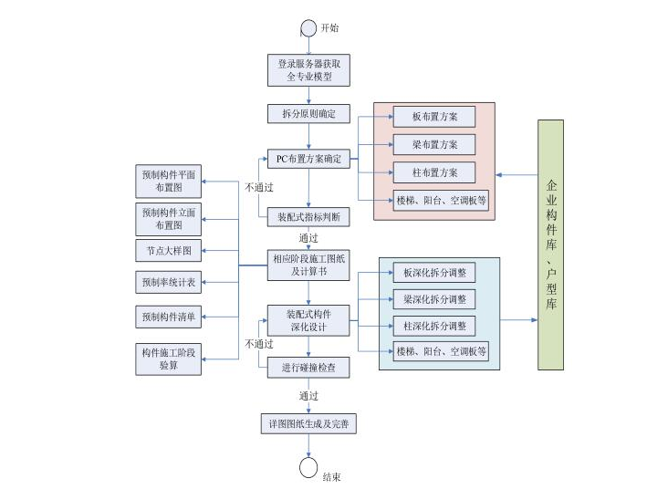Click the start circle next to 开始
[308, 28]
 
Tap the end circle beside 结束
[308, 467]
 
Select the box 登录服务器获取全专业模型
[308, 71]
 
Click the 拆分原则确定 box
[308, 114]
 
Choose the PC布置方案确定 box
[308, 159]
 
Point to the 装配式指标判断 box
[308, 217]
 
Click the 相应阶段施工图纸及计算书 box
[308, 264]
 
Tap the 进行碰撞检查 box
[308, 369]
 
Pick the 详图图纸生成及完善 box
[308, 424]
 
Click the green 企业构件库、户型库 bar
[550, 244]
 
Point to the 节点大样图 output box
[168, 249]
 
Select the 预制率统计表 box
[168, 282]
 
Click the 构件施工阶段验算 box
[168, 358]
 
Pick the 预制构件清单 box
[168, 317]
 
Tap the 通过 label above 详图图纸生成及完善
[308, 397]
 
